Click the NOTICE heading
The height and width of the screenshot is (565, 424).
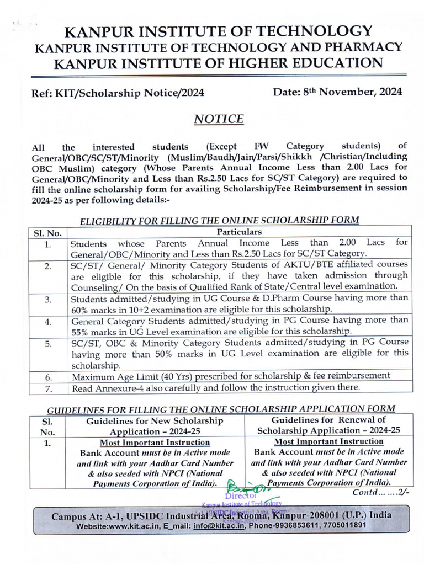point(219,119)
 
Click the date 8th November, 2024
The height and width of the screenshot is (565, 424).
point(337,92)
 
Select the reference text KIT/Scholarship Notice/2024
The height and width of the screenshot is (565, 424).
point(130,93)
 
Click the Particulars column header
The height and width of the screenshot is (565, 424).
point(240,232)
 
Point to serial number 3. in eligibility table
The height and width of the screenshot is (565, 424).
point(48,300)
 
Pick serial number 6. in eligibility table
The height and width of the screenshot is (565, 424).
point(48,378)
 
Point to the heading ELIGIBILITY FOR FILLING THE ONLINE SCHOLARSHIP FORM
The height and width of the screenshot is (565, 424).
point(220,220)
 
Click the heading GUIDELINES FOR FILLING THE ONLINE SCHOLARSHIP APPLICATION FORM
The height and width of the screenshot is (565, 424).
point(220,409)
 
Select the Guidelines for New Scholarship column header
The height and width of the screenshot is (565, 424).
point(155,426)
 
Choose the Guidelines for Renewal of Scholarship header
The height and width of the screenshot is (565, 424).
point(329,425)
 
